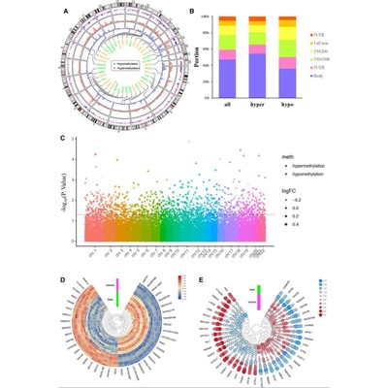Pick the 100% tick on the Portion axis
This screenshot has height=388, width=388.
coord(207,16)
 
